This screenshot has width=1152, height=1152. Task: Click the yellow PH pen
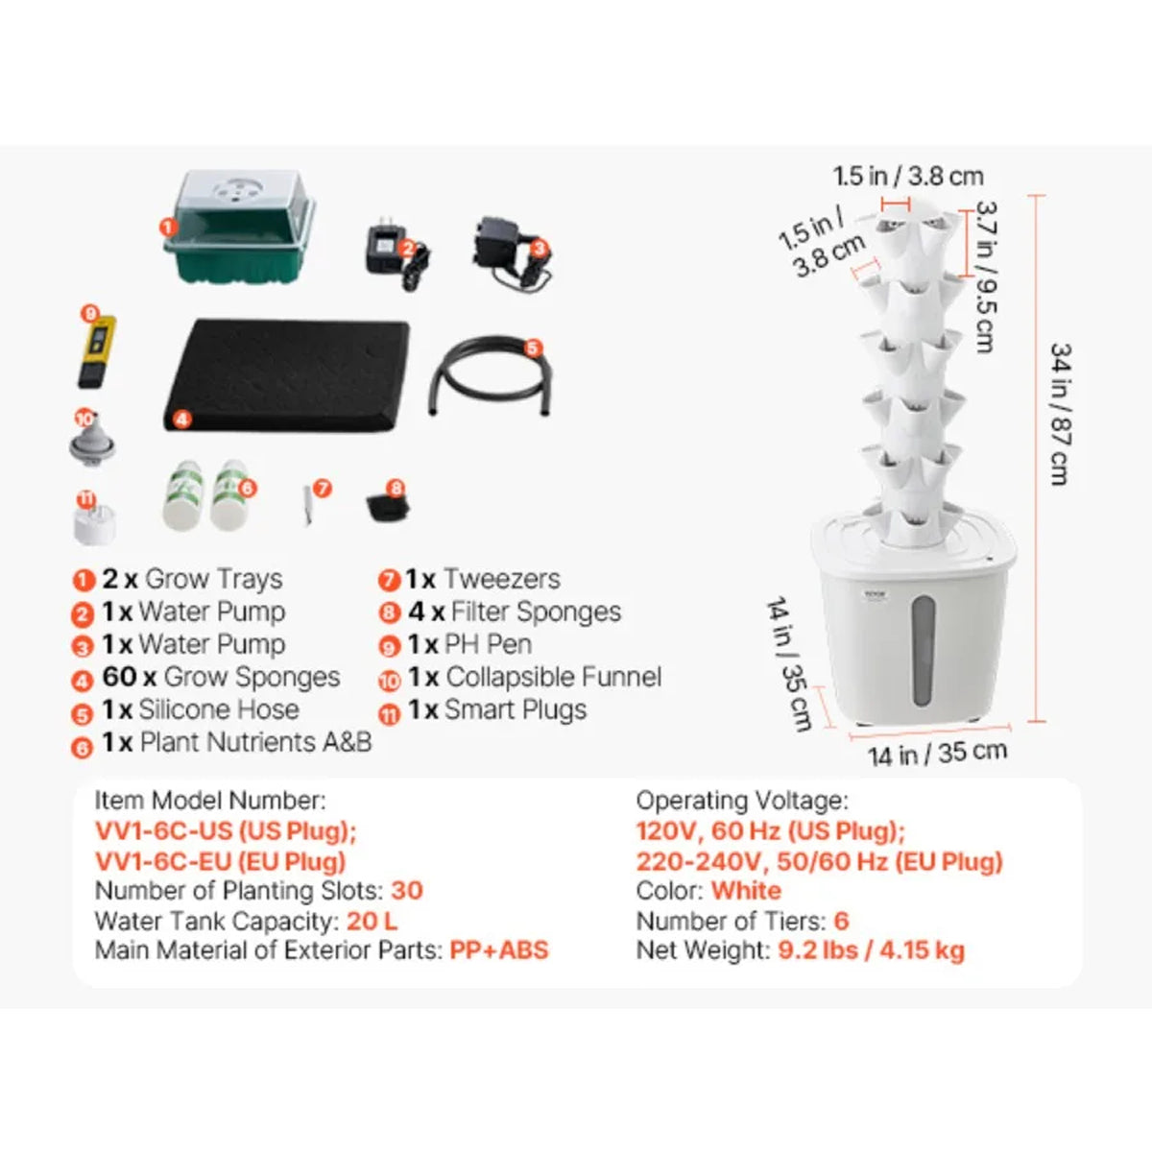[x=97, y=352]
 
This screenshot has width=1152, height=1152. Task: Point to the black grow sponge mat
[x=286, y=375]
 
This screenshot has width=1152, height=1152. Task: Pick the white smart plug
[x=94, y=524]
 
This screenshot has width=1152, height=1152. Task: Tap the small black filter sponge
[x=388, y=508]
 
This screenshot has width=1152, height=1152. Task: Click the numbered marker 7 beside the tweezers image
[x=323, y=489]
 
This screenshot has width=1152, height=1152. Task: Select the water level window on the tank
[x=923, y=651]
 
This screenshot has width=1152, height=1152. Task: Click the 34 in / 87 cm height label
[x=1060, y=415]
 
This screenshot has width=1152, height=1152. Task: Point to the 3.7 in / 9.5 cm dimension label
[x=986, y=277]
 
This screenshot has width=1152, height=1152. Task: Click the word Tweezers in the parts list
[x=501, y=579]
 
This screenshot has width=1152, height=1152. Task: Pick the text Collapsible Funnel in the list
[x=554, y=678]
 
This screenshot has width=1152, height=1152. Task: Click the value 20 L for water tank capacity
[x=372, y=922]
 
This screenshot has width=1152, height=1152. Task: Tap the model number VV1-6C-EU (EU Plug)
[x=221, y=861]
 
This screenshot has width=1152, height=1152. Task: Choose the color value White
[x=746, y=891]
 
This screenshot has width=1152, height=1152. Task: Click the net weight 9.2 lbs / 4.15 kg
[x=871, y=950]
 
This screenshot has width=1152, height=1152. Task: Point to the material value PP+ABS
[x=498, y=950]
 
